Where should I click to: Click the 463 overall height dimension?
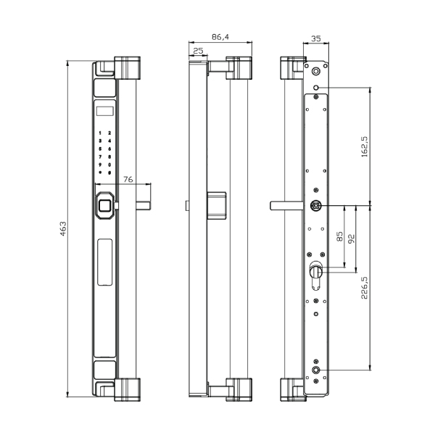coord(63,228)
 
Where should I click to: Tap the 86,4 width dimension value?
coord(220,37)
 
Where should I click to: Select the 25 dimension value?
coord(198,51)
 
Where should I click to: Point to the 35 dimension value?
coord(315,38)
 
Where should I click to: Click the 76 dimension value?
coord(128,179)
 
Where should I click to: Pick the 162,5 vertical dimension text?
coord(365,146)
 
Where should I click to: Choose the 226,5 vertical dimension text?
coord(364,288)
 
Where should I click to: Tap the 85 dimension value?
coord(339,236)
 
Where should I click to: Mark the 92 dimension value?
coord(351,239)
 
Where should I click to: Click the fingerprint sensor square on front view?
coord(104,206)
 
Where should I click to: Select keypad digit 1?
coord(100,133)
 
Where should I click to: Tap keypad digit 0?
coord(109,165)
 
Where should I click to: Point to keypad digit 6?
coord(109,149)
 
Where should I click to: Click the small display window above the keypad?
coord(105,111)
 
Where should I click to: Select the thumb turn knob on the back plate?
coord(315,270)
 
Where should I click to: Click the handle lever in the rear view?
coord(287,206)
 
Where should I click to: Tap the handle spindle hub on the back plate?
coord(315,206)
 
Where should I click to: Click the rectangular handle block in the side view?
coord(217,205)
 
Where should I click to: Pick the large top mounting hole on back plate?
coord(315,71)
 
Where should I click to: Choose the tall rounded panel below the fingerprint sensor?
coord(105,262)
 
